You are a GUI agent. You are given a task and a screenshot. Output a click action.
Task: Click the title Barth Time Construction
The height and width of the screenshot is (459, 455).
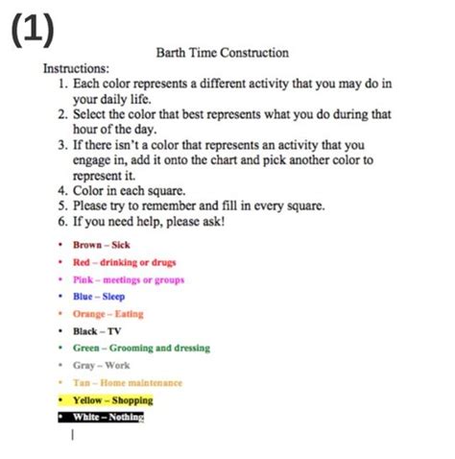click(222, 53)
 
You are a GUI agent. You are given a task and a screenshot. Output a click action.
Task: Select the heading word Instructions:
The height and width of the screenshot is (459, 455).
click(76, 69)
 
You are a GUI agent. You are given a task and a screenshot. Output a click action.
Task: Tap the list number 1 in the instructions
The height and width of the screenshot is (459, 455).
click(61, 84)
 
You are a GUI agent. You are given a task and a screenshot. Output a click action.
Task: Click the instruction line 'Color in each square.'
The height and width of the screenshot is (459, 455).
click(130, 190)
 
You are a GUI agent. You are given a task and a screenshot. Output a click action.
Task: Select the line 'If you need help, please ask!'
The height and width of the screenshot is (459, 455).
click(149, 221)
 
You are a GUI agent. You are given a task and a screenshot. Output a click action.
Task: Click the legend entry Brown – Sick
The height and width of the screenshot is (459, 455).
click(101, 245)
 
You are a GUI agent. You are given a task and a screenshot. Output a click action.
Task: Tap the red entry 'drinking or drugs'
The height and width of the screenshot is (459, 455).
click(124, 262)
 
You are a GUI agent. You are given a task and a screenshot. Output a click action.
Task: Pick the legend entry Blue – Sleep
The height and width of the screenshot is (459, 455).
click(98, 297)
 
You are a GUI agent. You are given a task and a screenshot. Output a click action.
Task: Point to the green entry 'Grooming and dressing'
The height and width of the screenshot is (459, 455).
click(140, 349)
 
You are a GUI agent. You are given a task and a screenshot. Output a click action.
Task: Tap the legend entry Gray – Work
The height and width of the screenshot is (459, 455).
click(100, 366)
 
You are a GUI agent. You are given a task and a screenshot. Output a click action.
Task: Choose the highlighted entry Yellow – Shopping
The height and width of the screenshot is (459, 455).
click(111, 399)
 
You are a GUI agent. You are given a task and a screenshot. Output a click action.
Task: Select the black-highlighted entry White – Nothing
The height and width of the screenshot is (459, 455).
click(108, 417)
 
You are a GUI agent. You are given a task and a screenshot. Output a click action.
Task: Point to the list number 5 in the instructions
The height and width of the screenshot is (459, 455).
click(61, 205)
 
